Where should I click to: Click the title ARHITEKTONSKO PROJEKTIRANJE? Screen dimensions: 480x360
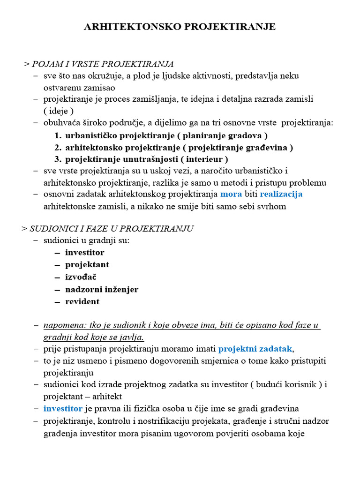tap(180, 27)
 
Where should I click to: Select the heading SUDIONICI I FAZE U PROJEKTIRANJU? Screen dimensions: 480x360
tap(112, 229)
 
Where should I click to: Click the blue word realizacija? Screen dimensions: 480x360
tap(281, 194)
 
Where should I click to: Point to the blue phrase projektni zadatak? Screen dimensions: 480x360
tap(255, 349)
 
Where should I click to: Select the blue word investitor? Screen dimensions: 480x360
tap(63, 408)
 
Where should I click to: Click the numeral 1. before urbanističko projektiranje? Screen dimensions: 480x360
tap(58, 135)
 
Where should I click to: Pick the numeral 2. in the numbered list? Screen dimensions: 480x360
tap(58, 148)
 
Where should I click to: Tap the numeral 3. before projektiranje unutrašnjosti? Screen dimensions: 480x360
tap(58, 159)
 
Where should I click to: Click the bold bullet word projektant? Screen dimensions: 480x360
tap(87, 265)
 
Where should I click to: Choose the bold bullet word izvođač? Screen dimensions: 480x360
tap(81, 277)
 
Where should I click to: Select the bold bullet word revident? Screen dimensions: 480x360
tap(82, 301)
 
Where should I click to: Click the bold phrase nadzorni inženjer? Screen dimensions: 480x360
tap(102, 289)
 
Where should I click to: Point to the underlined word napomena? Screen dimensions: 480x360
tap(61, 325)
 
